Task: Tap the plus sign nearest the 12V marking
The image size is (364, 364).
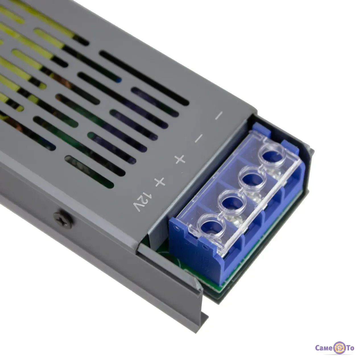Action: point(160,182)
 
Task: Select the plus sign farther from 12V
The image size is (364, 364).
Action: point(180,159)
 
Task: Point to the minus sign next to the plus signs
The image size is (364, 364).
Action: point(199,138)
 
